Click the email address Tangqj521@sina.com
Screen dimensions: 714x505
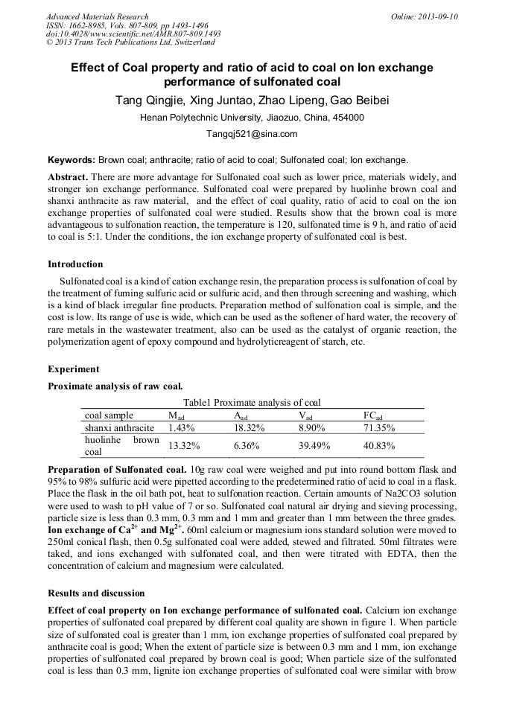(x=252, y=134)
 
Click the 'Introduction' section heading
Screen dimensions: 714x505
(x=75, y=264)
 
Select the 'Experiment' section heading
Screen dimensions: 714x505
(x=73, y=369)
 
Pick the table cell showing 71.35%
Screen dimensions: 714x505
(x=378, y=428)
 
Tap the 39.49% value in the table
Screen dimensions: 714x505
(x=314, y=446)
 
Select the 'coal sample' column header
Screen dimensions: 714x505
(x=109, y=415)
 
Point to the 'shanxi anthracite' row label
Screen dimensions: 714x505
(x=120, y=428)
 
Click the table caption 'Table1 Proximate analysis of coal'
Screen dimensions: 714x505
(x=252, y=402)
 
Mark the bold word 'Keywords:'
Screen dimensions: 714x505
(x=71, y=160)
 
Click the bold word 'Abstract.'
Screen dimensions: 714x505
(x=69, y=177)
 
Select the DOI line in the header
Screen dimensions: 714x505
(x=133, y=34)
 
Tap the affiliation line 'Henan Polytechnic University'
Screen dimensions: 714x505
(x=252, y=118)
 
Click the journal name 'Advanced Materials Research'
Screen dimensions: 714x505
(x=97, y=16)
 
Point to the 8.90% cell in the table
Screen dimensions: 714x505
(x=311, y=428)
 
